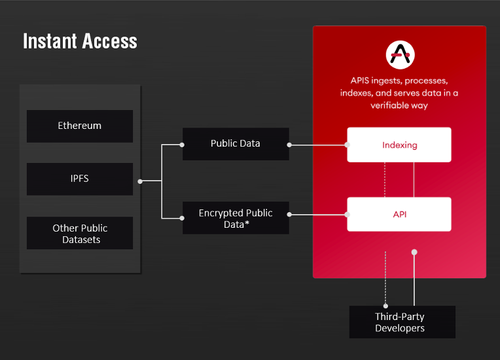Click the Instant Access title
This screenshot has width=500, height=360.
(x=80, y=41)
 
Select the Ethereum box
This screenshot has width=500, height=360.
(x=80, y=126)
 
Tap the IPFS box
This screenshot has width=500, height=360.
(x=80, y=179)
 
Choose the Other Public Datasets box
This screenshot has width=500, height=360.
(x=80, y=233)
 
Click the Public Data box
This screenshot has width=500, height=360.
(x=236, y=144)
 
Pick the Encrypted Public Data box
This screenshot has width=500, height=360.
(x=236, y=218)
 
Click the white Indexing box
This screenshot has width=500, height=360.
(x=399, y=145)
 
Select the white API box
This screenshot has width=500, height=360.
(x=399, y=214)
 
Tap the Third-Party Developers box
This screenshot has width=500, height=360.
(x=402, y=322)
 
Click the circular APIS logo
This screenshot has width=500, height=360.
(x=400, y=55)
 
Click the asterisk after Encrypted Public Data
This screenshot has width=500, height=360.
(x=247, y=223)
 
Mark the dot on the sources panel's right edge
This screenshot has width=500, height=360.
(x=140, y=181)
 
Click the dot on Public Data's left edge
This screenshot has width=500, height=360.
(x=182, y=145)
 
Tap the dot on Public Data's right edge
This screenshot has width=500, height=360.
(x=289, y=145)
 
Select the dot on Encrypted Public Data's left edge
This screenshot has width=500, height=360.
(x=182, y=219)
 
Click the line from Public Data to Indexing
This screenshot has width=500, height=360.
(x=318, y=145)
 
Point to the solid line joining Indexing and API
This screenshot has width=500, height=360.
(x=414, y=179)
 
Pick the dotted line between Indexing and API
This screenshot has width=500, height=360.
(x=385, y=179)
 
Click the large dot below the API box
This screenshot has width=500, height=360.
(x=414, y=252)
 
